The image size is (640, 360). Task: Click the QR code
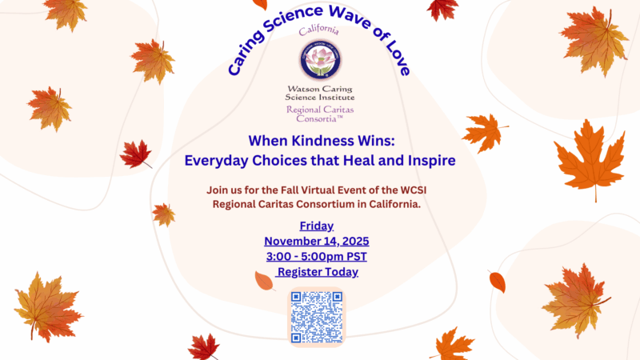317,317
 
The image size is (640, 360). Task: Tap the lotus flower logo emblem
320,59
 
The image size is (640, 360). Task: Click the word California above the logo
318,30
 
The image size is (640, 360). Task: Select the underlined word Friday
316,226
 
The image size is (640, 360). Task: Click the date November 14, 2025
316,242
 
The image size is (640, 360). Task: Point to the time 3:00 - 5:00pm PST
316,256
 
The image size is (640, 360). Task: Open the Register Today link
317,272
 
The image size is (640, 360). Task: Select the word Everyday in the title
215,161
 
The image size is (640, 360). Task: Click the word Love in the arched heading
397,59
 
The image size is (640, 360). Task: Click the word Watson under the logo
303,89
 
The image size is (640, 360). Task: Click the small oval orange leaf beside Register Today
265,281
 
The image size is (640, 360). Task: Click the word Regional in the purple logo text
304,110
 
